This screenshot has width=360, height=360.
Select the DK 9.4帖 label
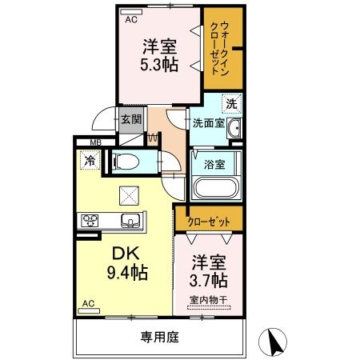[x=126, y=263]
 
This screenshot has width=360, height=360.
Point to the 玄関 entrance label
[x=131, y=119]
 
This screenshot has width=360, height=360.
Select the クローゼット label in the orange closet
[x=208, y=222]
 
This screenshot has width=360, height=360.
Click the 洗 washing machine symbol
[x=230, y=104]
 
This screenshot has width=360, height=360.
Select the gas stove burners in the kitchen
[x=87, y=221]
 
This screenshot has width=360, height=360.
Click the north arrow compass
[x=276, y=342]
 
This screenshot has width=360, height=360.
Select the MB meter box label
[x=96, y=145]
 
